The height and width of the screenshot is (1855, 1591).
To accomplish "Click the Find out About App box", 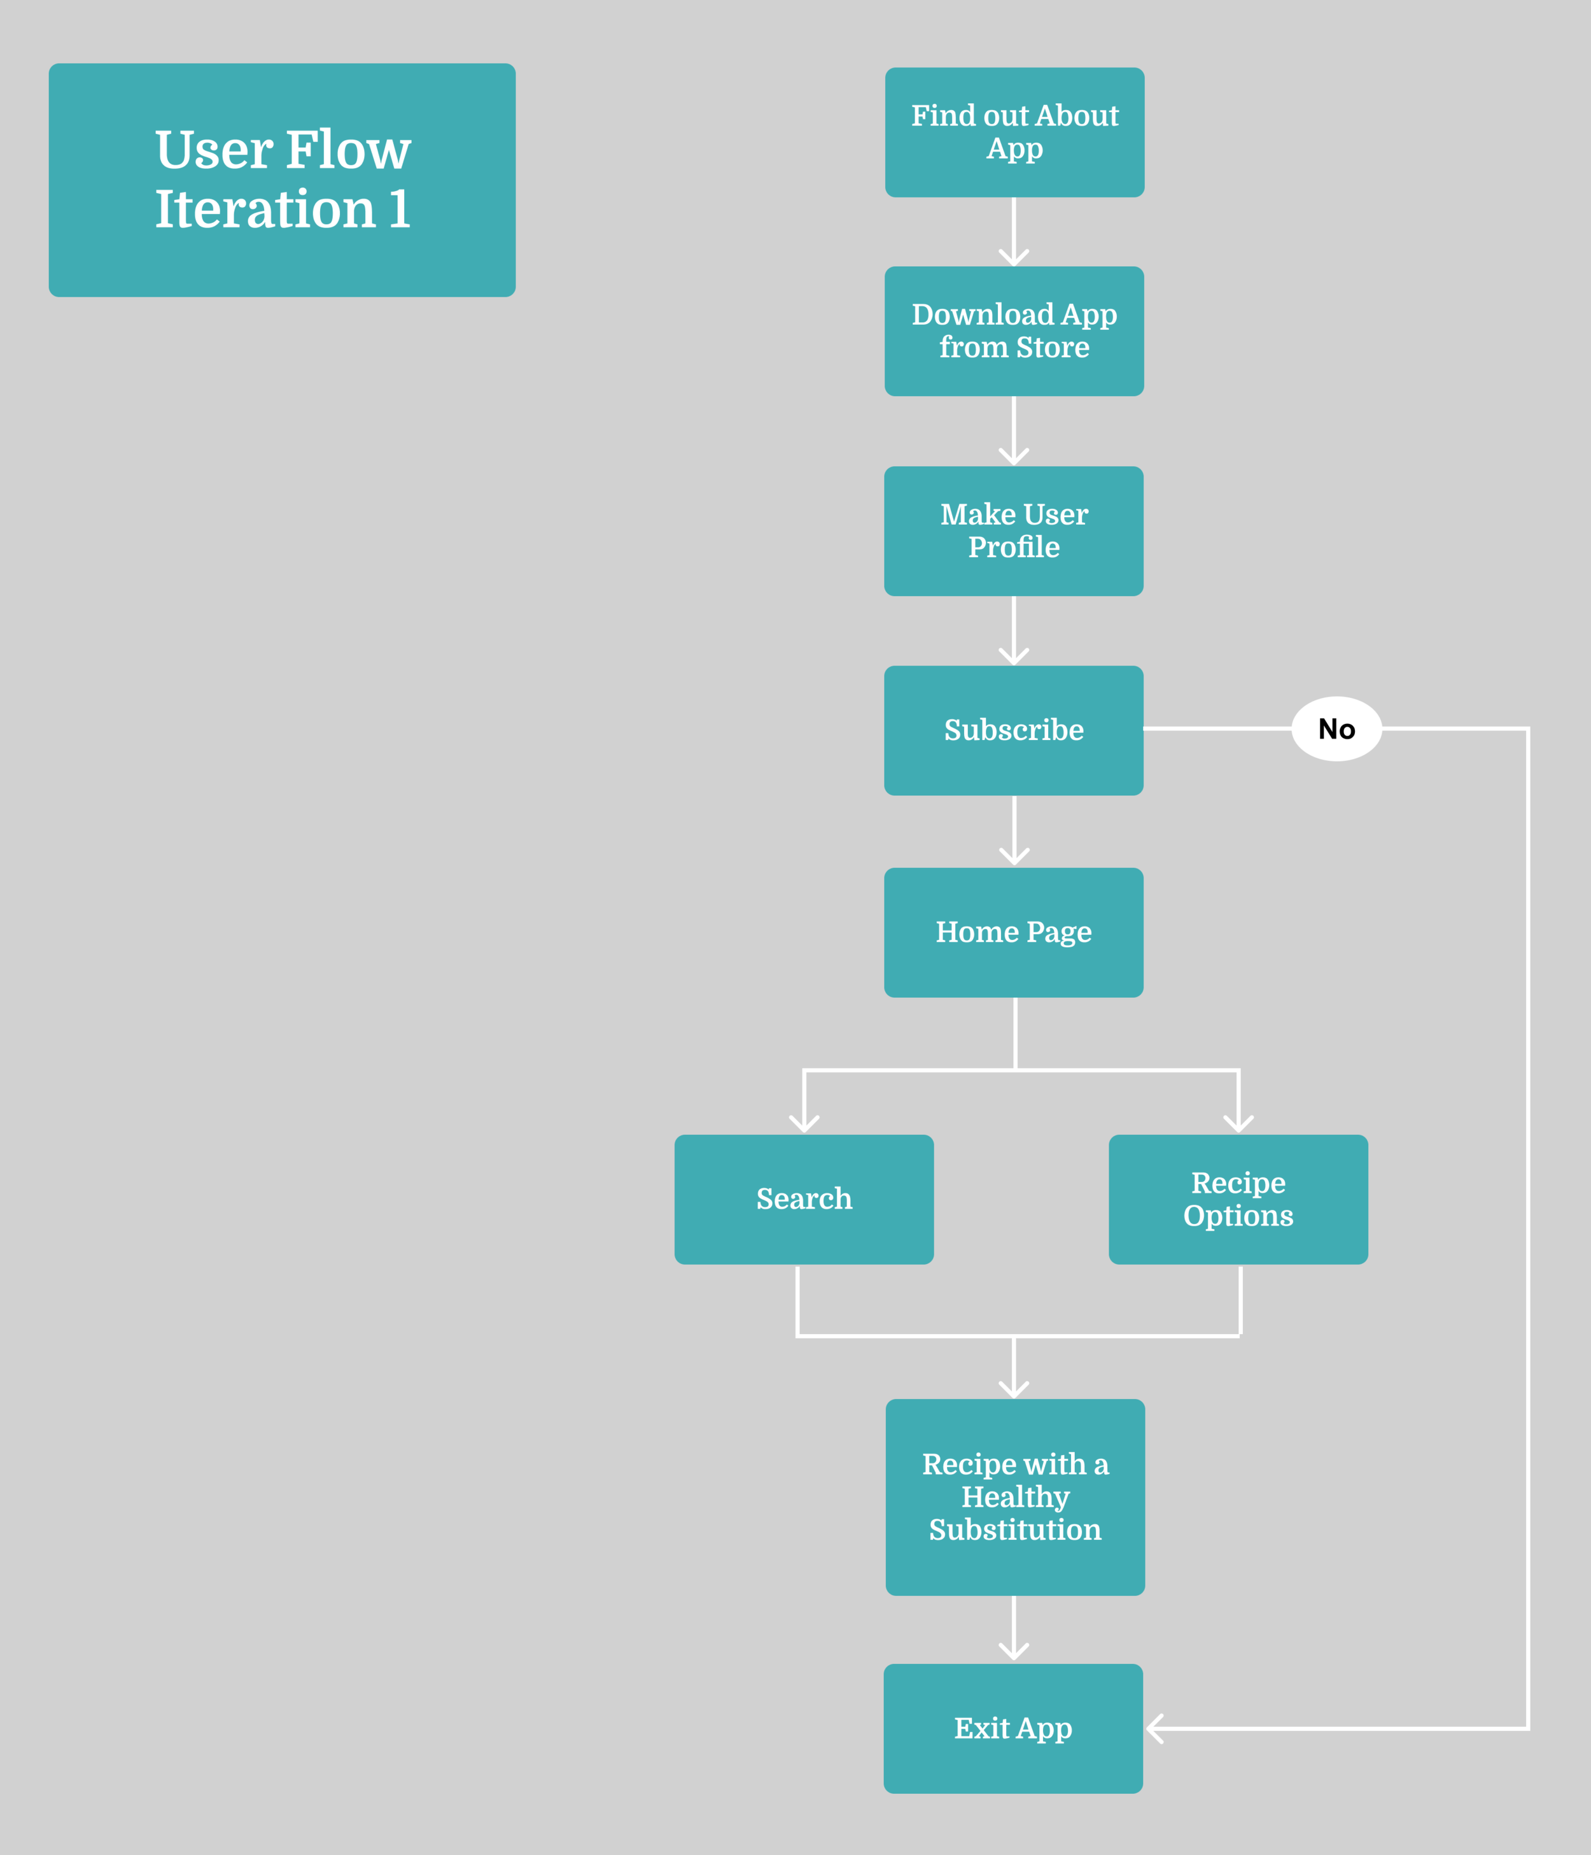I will [1014, 132].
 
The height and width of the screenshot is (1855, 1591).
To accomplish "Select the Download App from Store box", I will [1014, 331].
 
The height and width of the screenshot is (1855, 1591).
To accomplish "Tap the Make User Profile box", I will [1013, 531].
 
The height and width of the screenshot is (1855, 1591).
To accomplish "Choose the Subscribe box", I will [1013, 730].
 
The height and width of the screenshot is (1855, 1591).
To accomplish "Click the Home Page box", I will [1013, 932].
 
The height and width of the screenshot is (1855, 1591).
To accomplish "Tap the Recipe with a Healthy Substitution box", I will [1014, 1497].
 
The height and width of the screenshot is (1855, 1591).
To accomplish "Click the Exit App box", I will [1013, 1728].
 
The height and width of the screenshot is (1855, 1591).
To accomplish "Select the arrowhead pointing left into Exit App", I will [1155, 1728].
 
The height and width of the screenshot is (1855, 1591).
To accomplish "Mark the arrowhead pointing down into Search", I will [804, 1123].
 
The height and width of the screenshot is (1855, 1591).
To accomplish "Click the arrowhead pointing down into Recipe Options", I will [1238, 1123].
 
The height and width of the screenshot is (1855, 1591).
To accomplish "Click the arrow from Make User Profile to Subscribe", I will [1014, 630].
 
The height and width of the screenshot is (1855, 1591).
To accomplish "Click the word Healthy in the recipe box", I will [1014, 1497].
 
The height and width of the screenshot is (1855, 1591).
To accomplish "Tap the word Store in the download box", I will [1053, 347].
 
